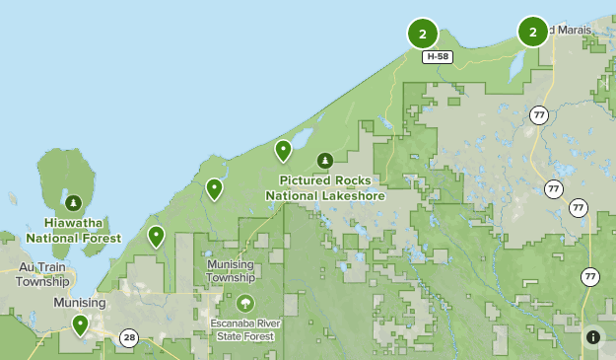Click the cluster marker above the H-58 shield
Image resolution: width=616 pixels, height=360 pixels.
click(423, 34)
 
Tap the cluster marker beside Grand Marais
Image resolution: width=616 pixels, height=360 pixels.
click(533, 32)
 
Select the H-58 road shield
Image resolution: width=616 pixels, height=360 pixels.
click(439, 57)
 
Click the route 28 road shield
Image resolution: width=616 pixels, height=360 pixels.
click(129, 338)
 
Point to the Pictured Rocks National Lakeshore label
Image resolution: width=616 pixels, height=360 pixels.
click(324, 187)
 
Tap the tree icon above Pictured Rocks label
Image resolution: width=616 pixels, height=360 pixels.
click(324, 160)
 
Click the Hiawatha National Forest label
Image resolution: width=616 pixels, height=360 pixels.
click(73, 231)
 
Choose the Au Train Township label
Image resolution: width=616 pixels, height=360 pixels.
click(42, 274)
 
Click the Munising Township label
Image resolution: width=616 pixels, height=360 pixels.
click(231, 271)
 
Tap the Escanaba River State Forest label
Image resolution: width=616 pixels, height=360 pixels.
click(243, 329)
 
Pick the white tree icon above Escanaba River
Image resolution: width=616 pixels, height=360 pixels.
click(243, 303)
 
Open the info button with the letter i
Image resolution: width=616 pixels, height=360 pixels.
click(593, 337)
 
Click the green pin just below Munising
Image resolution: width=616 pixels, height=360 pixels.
click(80, 324)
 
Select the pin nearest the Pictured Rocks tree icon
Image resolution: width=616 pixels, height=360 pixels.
click(283, 150)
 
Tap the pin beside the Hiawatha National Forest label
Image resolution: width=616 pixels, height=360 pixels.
click(156, 236)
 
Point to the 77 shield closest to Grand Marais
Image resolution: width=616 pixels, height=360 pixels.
click(538, 115)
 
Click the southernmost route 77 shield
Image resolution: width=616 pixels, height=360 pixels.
click(589, 276)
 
